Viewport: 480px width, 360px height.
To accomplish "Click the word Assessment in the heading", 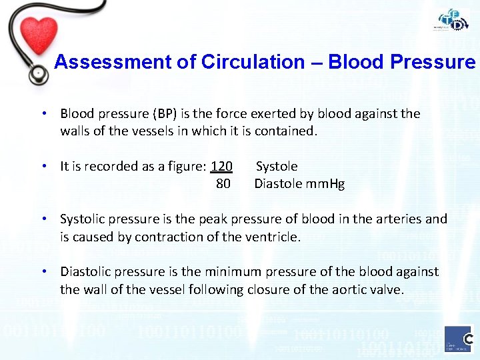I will (x=104, y=62).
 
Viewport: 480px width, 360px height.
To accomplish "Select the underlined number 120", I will (x=221, y=166).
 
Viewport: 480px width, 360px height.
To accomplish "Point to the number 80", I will (x=223, y=183).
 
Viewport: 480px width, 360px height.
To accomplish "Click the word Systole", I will (x=277, y=166).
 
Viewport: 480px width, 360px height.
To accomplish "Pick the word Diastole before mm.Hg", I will (x=279, y=183).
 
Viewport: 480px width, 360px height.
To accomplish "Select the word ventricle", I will (x=278, y=237).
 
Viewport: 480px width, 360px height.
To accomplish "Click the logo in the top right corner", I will (x=453, y=21).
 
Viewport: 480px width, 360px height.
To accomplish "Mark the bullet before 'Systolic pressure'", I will (x=43, y=219).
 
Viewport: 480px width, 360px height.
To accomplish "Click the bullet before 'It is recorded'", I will (x=43, y=166).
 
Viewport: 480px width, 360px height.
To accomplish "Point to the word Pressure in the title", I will (x=437, y=62).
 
